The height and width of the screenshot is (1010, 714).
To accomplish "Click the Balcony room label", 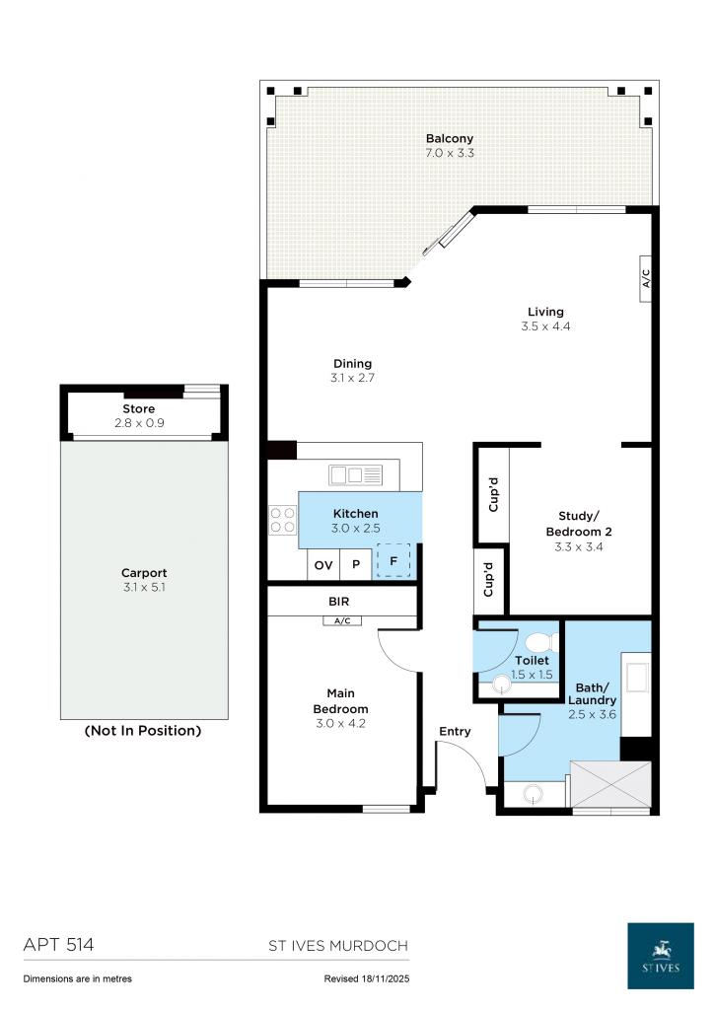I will coord(450,138).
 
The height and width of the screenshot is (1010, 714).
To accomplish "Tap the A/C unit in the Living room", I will coord(646,278).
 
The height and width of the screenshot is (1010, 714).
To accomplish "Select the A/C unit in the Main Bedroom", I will coord(342,620).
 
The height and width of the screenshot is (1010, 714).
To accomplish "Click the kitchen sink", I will coord(355,475).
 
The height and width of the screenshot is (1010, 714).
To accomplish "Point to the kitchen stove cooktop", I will coord(283,520).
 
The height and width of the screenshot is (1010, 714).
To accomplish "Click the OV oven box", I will coord(322,566).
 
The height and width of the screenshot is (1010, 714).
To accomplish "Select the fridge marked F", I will coord(393,560).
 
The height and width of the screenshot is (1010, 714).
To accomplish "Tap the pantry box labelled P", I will coord(355,566).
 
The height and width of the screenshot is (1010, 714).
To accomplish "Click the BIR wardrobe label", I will coord(338,601).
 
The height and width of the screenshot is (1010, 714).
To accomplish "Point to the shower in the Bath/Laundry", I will coord(611,785).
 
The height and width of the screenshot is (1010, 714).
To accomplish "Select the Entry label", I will coord(455,731).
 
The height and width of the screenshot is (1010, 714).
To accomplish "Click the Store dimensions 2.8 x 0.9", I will coord(138,423).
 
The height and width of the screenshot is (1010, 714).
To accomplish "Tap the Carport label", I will coord(144,572).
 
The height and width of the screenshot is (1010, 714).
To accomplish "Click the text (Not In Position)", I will coord(144,731).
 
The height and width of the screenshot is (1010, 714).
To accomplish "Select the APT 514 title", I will coord(58,945).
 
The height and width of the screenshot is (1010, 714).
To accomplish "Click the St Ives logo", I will coord(661,955).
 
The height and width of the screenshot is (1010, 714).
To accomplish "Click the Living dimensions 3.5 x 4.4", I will coord(545,326).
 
